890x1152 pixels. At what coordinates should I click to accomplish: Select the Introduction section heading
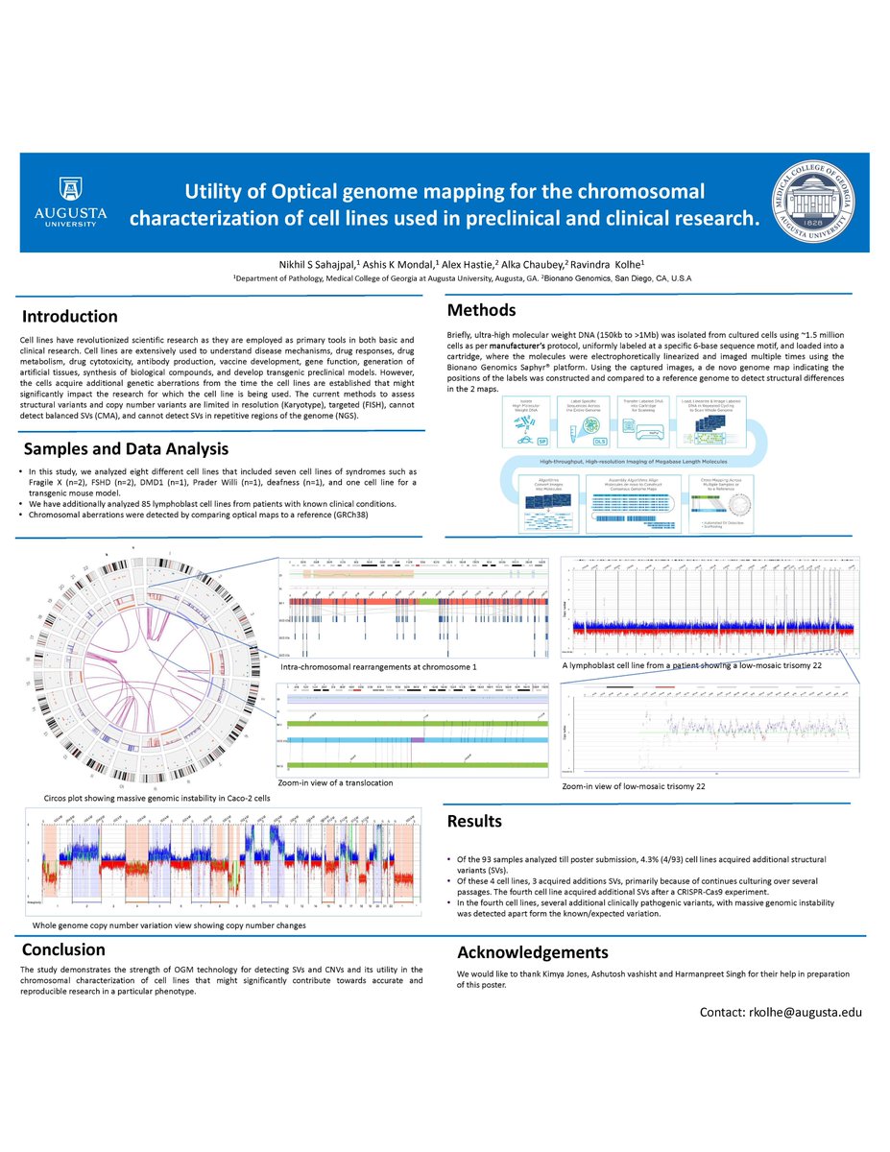(70, 317)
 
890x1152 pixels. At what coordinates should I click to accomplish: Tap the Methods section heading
(481, 309)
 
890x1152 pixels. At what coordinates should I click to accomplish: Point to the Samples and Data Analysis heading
(128, 448)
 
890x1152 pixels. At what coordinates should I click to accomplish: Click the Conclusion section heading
(64, 949)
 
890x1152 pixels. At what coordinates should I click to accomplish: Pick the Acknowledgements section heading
(532, 952)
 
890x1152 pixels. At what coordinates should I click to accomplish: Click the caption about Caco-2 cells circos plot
(157, 798)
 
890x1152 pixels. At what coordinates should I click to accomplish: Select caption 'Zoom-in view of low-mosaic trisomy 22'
(634, 786)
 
